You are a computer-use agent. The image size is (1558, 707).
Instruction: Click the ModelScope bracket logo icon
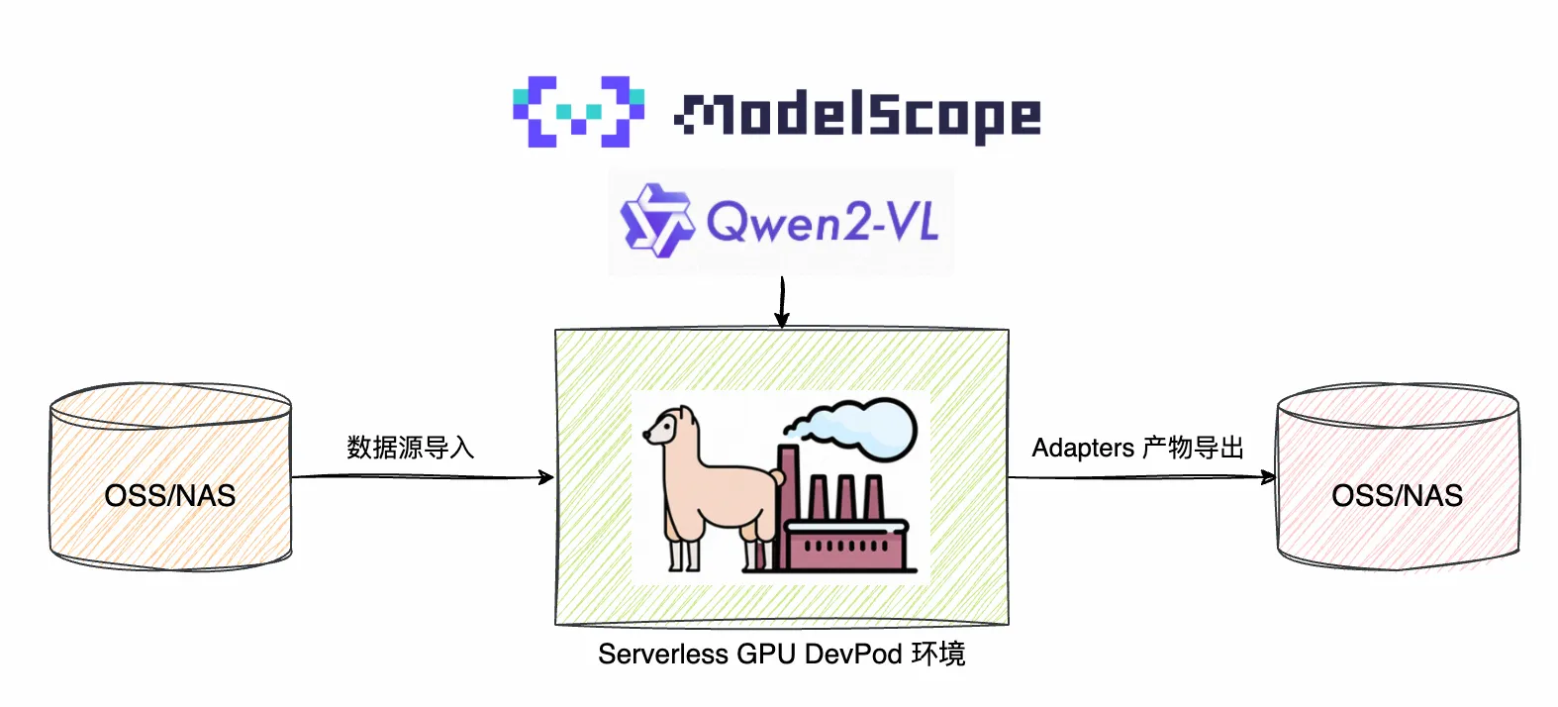coord(578,111)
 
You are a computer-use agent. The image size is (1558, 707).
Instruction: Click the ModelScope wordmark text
coord(857,115)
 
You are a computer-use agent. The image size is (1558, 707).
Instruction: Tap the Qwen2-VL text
coord(822,222)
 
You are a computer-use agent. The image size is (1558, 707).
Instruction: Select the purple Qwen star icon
coord(654,220)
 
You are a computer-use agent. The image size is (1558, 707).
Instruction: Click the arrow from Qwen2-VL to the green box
coord(782,302)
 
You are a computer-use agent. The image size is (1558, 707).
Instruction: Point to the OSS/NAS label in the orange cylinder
coord(170,495)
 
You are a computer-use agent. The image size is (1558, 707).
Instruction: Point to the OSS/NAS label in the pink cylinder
coord(1397,495)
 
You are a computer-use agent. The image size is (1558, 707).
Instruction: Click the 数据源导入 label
coord(410,448)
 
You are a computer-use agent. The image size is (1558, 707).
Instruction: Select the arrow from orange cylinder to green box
coord(423,477)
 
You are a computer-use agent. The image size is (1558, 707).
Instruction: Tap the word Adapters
coord(1083,449)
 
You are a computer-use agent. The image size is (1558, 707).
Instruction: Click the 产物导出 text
coord(1193,449)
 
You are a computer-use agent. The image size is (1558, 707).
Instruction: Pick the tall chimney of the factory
coord(788,505)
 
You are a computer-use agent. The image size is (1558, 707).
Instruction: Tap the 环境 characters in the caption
coord(937,655)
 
